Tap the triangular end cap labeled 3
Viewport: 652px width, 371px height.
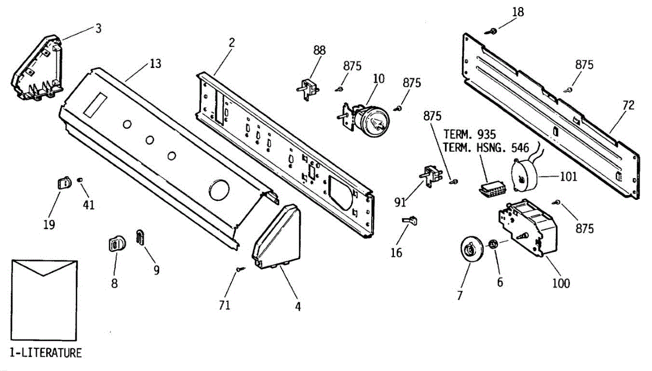point(38,67)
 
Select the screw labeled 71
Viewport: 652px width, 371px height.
point(240,269)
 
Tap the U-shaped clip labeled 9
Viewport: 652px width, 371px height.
point(140,237)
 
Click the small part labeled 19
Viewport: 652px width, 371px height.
point(64,183)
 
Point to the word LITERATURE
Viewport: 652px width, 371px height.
point(51,353)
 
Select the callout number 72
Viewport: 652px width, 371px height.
point(628,106)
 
